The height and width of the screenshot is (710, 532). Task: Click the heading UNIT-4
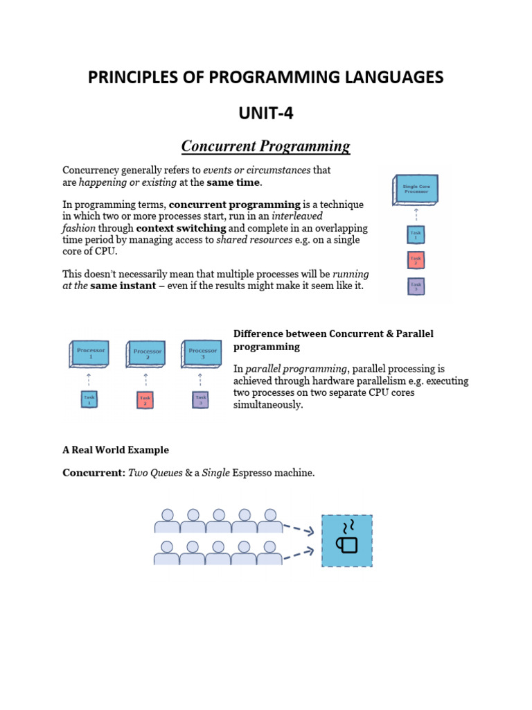tap(266, 112)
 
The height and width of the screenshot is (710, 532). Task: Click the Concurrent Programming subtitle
tap(266, 146)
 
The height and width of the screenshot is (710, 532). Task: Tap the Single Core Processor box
tap(416, 189)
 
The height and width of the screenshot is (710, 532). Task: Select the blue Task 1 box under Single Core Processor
tap(416, 234)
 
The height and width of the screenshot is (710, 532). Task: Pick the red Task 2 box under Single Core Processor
tap(416, 260)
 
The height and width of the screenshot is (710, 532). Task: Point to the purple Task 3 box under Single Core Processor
tap(416, 285)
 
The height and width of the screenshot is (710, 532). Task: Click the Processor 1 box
tap(91, 353)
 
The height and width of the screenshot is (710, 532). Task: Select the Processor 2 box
tap(147, 353)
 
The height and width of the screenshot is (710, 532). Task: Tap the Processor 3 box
tap(202, 353)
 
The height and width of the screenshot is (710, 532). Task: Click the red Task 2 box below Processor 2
tap(145, 400)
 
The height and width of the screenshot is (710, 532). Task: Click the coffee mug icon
tap(347, 540)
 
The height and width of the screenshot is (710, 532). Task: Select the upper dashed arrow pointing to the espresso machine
tap(299, 529)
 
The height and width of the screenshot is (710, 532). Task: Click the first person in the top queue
tap(167, 521)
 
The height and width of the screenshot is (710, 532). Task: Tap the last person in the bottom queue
tap(270, 553)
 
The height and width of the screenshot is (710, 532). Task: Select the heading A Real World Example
tap(116, 450)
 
